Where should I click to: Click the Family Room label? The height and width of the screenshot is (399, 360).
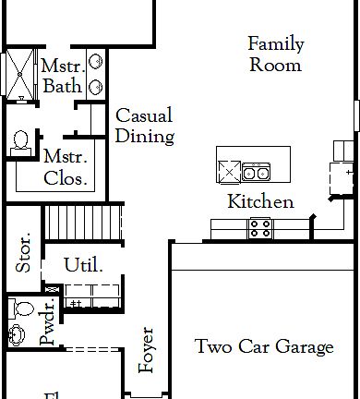click(275, 54)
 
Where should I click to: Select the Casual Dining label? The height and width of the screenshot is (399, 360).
click(145, 127)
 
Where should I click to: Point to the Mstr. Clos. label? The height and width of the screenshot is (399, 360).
click(66, 167)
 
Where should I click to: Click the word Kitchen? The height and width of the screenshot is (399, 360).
click(261, 202)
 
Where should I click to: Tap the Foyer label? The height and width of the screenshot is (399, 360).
click(147, 350)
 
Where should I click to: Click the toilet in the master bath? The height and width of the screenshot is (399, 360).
click(20, 143)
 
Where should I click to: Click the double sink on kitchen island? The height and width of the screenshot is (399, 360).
click(256, 170)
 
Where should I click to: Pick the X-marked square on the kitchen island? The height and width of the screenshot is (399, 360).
click(228, 170)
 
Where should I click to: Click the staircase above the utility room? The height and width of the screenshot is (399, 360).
click(84, 223)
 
